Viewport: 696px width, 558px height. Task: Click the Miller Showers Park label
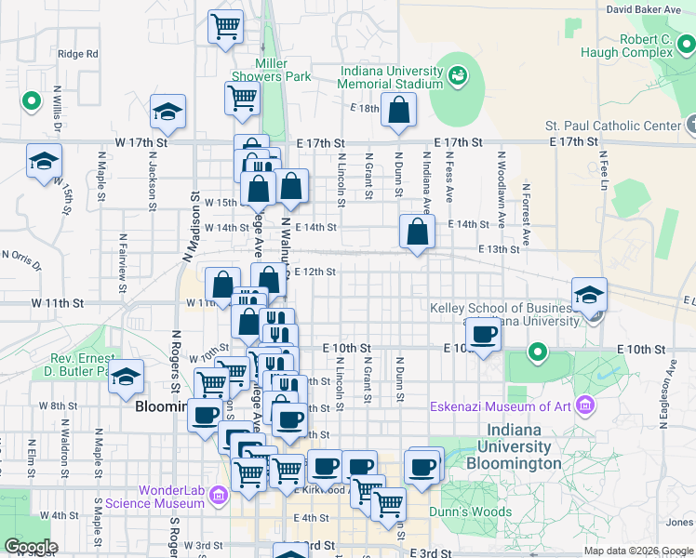click(283, 70)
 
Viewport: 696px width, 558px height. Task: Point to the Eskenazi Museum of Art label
click(501, 405)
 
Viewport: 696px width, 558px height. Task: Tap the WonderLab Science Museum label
click(171, 497)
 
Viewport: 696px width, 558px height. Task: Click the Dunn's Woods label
click(470, 511)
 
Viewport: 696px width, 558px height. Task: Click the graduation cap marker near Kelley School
click(589, 295)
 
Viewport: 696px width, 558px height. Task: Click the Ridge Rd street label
click(77, 53)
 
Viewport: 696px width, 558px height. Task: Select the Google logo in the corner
click(31, 547)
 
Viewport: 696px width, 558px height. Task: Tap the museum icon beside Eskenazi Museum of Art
click(584, 405)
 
